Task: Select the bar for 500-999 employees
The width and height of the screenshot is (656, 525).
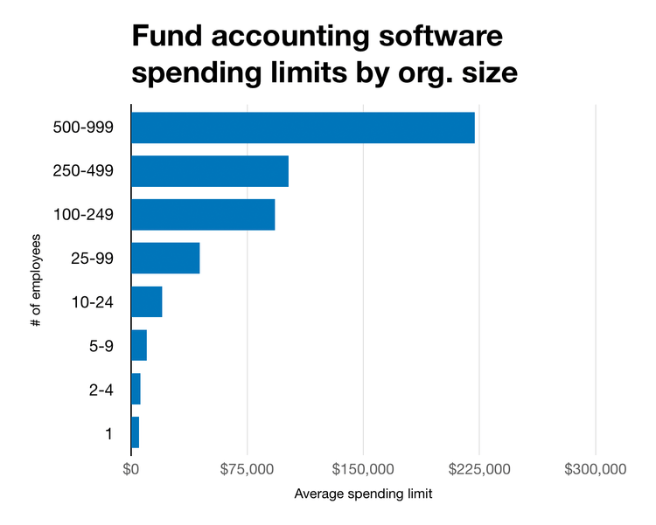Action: click(x=303, y=128)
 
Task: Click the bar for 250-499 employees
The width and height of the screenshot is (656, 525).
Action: click(x=210, y=171)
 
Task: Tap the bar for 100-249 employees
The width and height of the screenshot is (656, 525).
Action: click(x=203, y=215)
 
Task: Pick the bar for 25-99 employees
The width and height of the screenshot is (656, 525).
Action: click(x=165, y=259)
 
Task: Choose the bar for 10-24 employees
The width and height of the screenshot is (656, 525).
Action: click(x=147, y=302)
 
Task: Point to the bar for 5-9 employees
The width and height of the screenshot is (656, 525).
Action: click(x=139, y=346)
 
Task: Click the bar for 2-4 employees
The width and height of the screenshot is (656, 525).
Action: click(x=136, y=389)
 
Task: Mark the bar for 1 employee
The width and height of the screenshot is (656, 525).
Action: click(x=135, y=432)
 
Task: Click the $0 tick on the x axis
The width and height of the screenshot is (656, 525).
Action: click(x=131, y=469)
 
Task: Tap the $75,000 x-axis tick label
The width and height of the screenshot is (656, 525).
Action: click(x=247, y=469)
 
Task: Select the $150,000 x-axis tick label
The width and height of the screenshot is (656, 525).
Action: click(x=363, y=469)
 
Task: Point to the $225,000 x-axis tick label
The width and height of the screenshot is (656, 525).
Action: click(x=479, y=469)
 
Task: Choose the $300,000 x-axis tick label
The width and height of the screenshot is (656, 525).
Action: click(x=595, y=469)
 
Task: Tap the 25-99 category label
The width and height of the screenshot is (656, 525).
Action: click(x=91, y=259)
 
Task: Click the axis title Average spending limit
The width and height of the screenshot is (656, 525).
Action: click(x=363, y=494)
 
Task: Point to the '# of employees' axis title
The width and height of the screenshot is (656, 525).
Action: click(x=35, y=280)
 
